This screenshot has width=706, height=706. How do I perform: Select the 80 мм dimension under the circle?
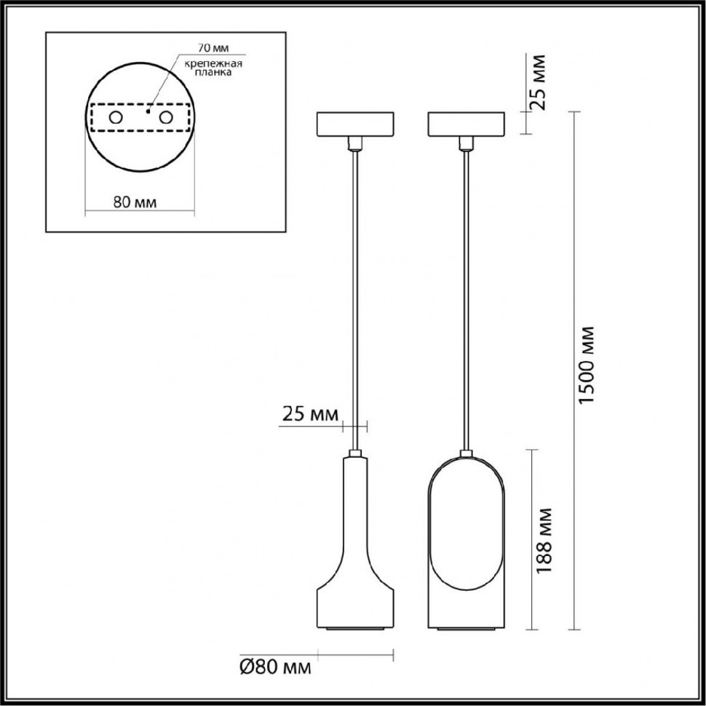point(136,202)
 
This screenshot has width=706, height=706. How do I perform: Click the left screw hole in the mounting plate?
point(116,117)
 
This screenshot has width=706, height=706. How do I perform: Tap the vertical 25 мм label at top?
point(540,82)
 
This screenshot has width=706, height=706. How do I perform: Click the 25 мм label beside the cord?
point(309,415)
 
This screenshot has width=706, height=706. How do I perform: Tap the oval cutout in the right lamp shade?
point(466,524)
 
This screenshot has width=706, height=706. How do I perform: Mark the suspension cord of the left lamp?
point(354,291)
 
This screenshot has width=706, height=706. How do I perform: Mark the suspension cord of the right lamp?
point(466,291)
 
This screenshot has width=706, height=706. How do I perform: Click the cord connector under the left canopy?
point(354,143)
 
